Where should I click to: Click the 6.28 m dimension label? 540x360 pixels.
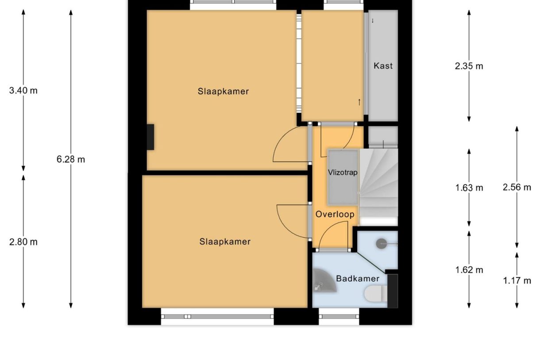[70, 159]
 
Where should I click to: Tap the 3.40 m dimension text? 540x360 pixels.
[23, 91]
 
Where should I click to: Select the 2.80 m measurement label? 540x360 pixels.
[23, 242]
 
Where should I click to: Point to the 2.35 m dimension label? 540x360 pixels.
[469, 66]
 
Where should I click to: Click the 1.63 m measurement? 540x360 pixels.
[469, 188]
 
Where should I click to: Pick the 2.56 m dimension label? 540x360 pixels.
[517, 187]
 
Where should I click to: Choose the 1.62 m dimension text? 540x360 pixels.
[469, 270]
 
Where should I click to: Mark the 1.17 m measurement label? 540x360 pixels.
[517, 280]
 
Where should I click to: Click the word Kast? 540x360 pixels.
[383, 66]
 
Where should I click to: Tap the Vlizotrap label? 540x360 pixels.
[343, 172]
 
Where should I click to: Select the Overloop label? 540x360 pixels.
[335, 214]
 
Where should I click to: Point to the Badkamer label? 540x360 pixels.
[358, 279]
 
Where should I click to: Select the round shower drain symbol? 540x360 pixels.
[382, 243]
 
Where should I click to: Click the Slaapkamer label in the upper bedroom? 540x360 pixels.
[223, 92]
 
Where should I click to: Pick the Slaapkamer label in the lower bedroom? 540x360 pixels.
[225, 242]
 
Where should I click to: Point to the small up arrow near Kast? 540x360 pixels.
[359, 102]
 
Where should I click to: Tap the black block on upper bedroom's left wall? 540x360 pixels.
[150, 137]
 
